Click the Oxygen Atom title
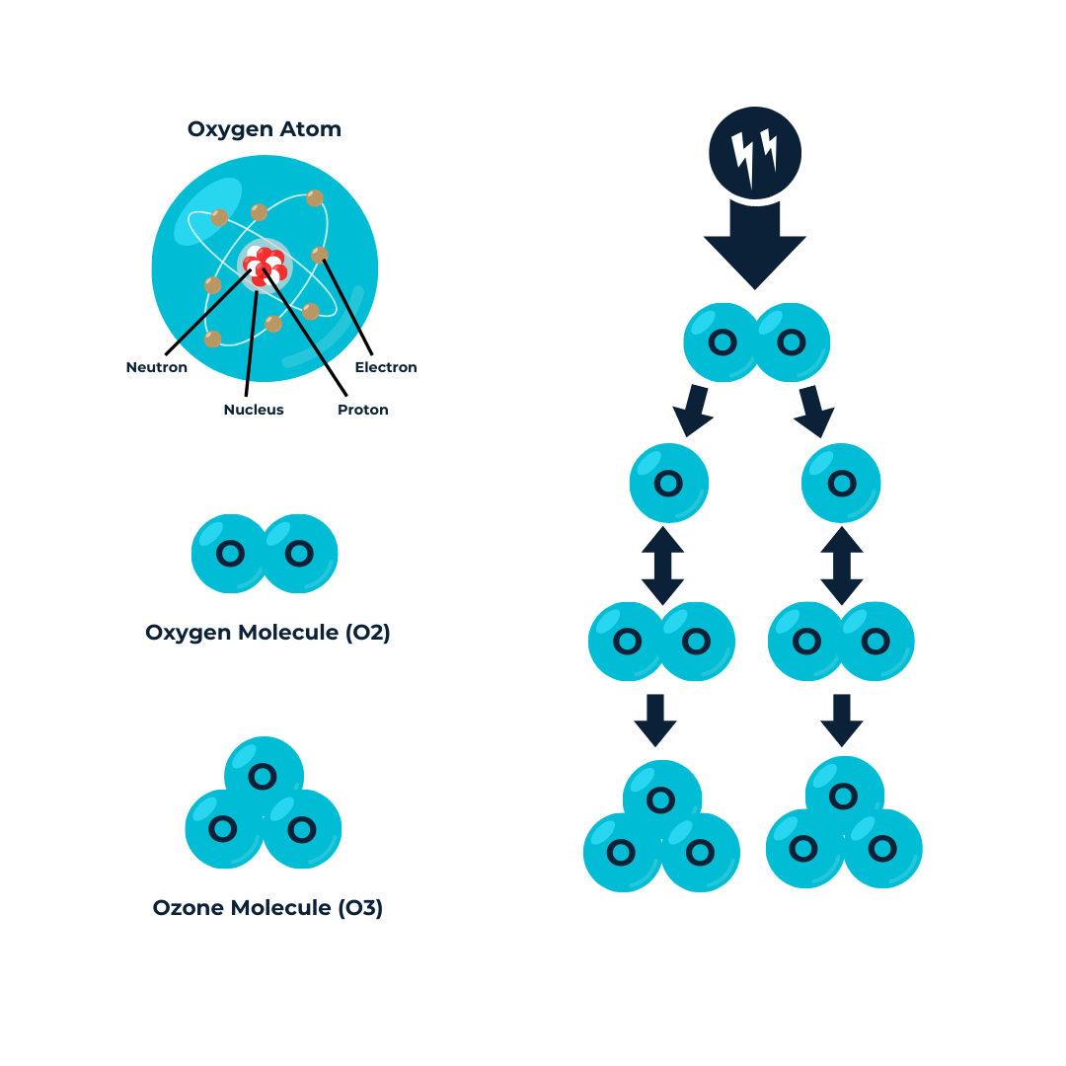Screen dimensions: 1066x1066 (265, 129)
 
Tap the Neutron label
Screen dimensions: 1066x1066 (156, 367)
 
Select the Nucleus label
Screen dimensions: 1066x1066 (253, 409)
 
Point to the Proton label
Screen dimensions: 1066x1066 (362, 409)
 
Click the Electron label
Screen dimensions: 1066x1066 (386, 367)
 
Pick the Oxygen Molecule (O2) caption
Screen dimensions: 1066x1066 (267, 633)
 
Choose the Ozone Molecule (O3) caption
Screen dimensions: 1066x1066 (267, 907)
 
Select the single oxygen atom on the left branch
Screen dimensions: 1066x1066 (668, 484)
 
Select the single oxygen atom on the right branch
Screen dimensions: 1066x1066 (841, 484)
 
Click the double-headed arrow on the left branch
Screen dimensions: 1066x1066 (663, 566)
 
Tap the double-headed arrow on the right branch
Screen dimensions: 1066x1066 (842, 566)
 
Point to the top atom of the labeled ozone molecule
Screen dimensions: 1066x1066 (263, 776)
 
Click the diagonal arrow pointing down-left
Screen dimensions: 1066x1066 (694, 411)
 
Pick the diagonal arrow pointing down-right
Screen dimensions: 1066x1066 (815, 411)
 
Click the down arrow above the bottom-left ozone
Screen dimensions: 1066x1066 (654, 720)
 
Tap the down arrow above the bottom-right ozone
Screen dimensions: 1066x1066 (842, 720)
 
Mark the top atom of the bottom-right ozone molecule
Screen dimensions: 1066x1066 (843, 796)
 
